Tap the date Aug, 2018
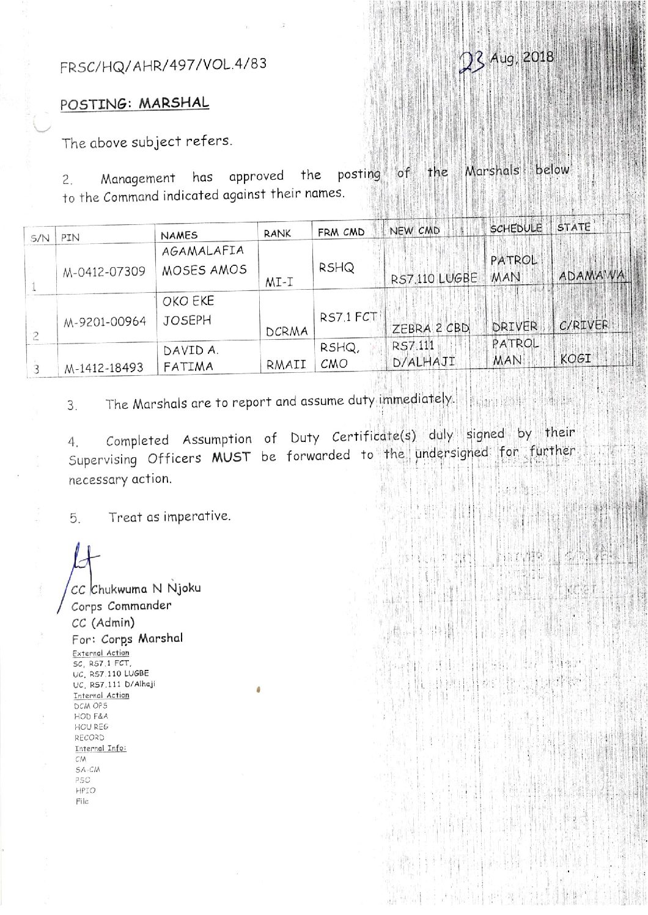(522, 58)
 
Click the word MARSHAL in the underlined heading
(174, 103)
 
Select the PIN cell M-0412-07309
(104, 271)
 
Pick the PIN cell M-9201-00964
(105, 321)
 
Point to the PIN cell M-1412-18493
(104, 367)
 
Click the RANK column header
(277, 233)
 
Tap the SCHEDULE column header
(516, 228)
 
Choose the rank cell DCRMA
(287, 332)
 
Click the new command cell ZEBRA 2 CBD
(430, 328)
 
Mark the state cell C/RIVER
(584, 325)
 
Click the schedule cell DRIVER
(515, 327)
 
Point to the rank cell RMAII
(285, 365)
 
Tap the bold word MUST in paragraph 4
(230, 457)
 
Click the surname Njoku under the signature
(184, 588)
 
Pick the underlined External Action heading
(101, 653)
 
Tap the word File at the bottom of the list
(82, 801)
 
